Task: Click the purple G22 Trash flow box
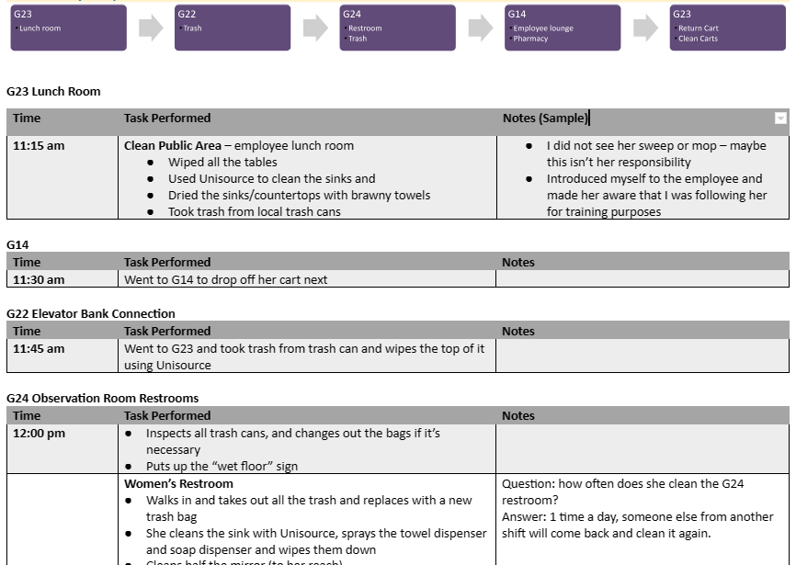point(233,28)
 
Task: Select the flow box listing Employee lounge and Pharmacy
point(563,28)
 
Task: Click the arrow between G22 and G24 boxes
point(315,28)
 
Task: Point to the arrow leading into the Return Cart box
point(645,28)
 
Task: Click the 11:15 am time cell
point(39,146)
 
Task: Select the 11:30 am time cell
point(39,279)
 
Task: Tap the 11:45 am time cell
point(39,349)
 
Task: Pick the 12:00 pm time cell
point(39,434)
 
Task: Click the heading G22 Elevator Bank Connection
point(90,314)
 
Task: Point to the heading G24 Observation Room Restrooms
point(102,399)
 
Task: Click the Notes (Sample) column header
point(544,119)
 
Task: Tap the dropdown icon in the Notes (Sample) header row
point(780,119)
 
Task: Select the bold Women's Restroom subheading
point(178,484)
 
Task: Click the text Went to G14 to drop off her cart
point(225,279)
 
